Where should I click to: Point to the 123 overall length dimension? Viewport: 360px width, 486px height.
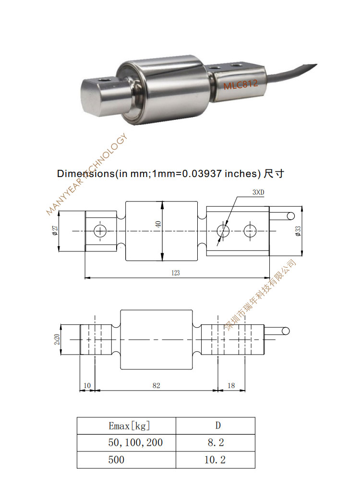tap(175, 273)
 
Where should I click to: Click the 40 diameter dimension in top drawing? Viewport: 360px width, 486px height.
tap(158, 223)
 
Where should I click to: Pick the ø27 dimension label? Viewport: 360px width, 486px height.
tap(55, 231)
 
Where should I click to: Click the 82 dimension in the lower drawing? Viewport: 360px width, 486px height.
tap(156, 385)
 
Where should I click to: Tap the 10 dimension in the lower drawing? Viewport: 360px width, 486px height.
tap(86, 385)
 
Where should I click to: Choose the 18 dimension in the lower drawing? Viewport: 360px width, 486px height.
tap(230, 385)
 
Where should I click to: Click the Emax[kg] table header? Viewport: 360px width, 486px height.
tap(126, 426)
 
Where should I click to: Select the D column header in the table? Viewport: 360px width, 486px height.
tap(215, 426)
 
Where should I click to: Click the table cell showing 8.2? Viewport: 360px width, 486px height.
tap(215, 442)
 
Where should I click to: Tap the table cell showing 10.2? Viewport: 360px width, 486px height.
tap(215, 460)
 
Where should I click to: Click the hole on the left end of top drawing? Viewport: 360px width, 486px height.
tap(100, 231)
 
